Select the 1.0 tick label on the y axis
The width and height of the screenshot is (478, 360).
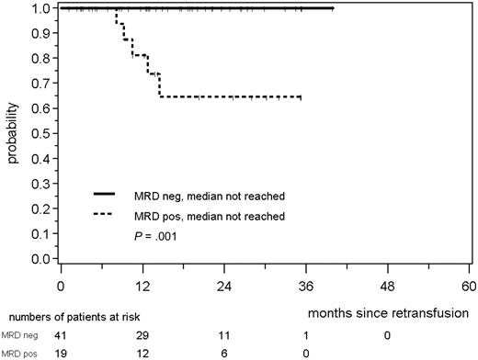(x=42, y=8)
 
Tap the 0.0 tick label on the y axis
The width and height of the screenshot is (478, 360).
(x=42, y=260)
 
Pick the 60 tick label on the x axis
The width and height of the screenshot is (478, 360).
(x=469, y=285)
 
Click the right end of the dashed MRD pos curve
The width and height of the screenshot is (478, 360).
(x=301, y=96)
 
